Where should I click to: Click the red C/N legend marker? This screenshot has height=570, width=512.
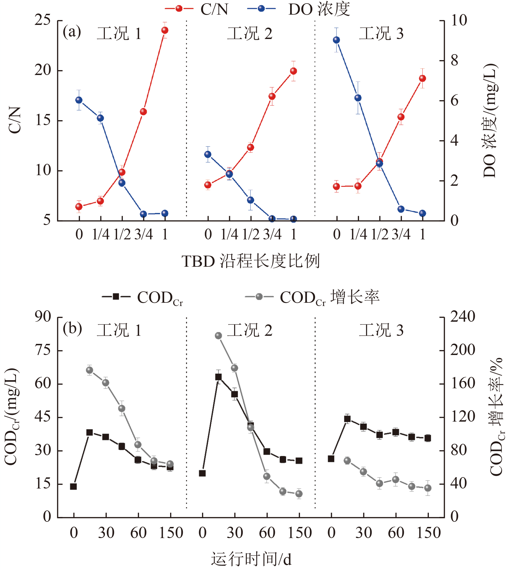(179, 8)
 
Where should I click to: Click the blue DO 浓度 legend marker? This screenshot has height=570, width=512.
(261, 8)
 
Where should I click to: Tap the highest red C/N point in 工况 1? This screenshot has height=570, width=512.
(165, 30)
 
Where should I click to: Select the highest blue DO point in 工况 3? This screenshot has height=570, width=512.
(336, 40)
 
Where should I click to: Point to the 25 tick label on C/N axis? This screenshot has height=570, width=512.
(43, 20)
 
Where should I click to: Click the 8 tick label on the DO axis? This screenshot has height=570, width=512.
(454, 61)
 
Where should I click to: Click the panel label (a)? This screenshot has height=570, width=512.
(72, 32)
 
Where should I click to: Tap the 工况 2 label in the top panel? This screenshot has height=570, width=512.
(250, 34)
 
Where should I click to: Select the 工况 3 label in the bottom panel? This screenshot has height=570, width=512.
(381, 330)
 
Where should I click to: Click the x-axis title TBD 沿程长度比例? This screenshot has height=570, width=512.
(250, 261)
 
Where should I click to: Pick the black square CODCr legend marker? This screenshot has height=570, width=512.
(116, 297)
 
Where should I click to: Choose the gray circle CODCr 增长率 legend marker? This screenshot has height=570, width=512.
(259, 297)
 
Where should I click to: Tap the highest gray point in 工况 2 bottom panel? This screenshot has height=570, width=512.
(218, 336)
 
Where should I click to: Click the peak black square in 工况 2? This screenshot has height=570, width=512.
(218, 377)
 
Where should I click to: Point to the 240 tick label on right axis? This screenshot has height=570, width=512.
(462, 317)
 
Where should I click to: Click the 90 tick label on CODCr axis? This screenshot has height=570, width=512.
(43, 317)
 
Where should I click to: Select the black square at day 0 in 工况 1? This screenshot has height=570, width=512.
(73, 487)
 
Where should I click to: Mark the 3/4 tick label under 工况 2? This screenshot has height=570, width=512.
(272, 234)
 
